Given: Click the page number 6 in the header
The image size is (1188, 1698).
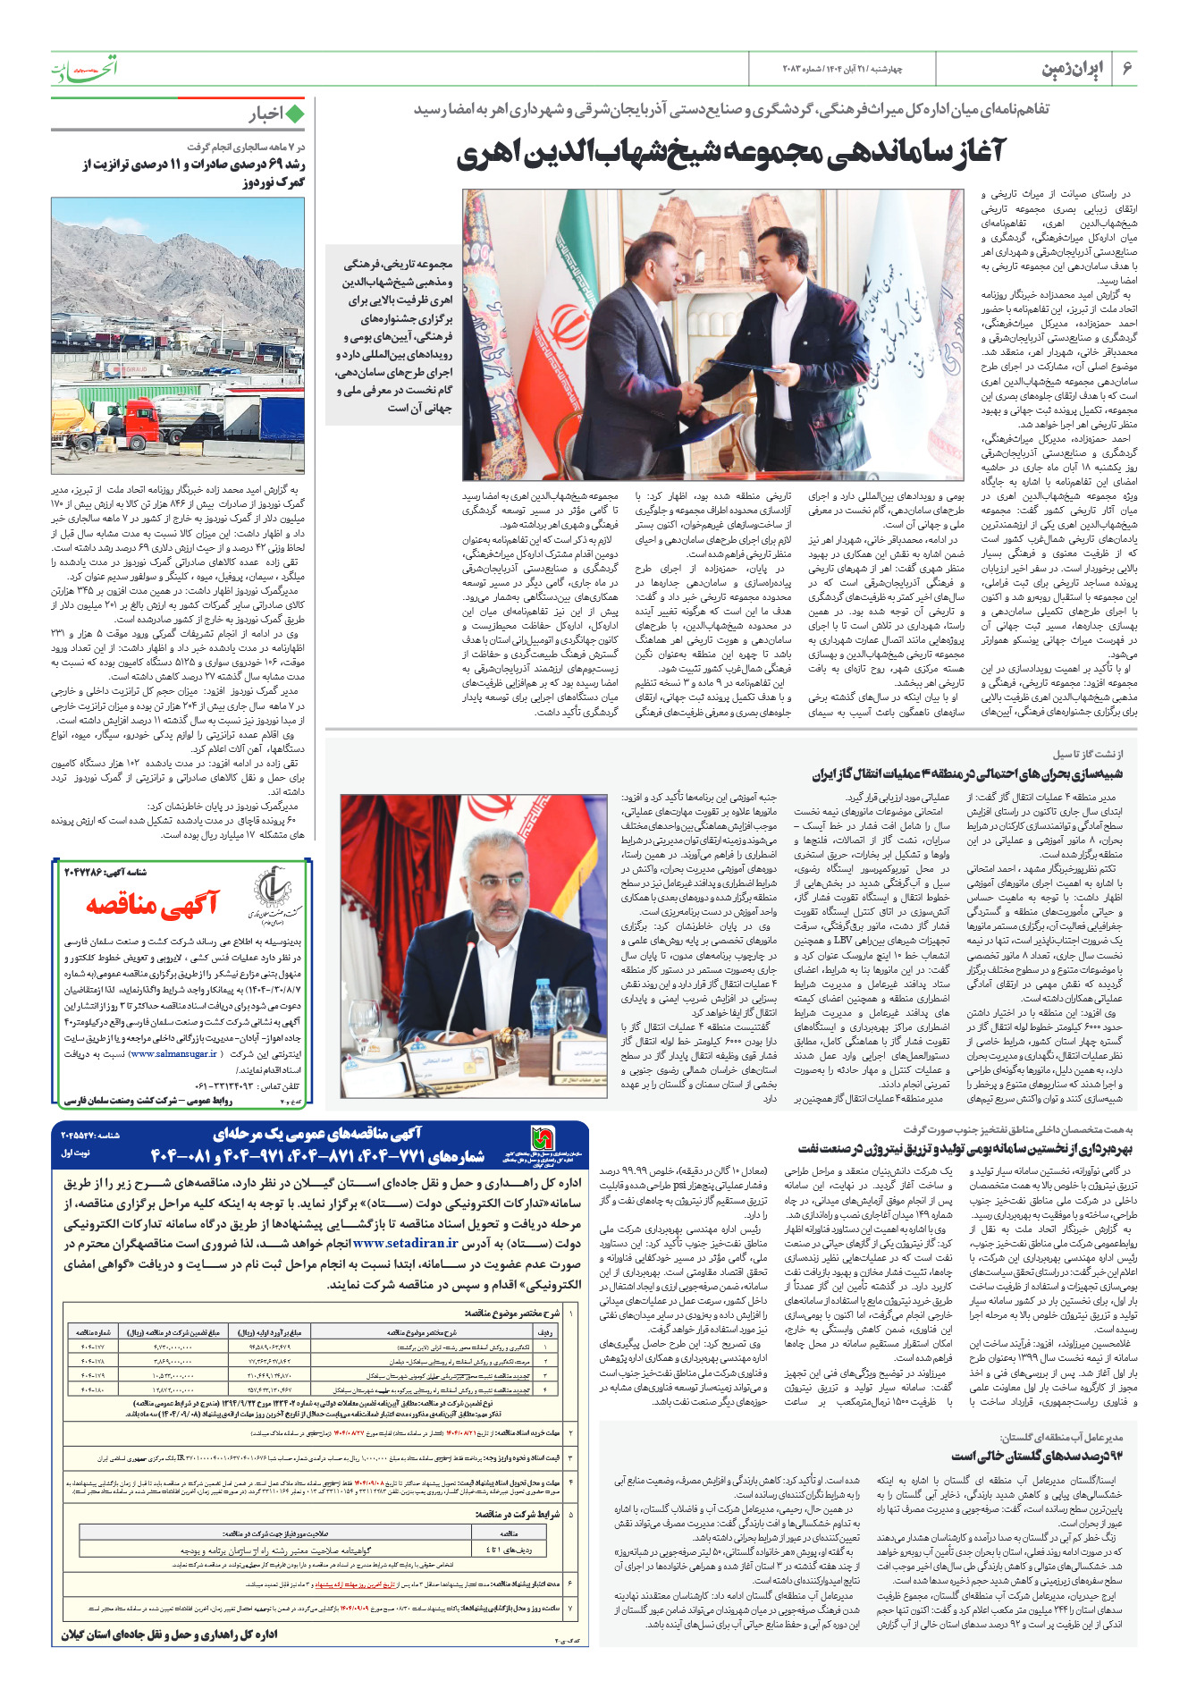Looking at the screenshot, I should click(x=1127, y=69).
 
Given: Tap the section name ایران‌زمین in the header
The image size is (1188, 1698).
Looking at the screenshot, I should click(x=1073, y=69).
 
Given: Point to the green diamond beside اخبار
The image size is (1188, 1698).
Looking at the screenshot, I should click(x=294, y=114).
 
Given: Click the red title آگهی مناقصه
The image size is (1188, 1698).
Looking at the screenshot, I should click(x=152, y=905).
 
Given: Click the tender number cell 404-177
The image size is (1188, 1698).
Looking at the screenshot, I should click(x=92, y=1347).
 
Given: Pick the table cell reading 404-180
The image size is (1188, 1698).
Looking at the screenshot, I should click(x=92, y=1390).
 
